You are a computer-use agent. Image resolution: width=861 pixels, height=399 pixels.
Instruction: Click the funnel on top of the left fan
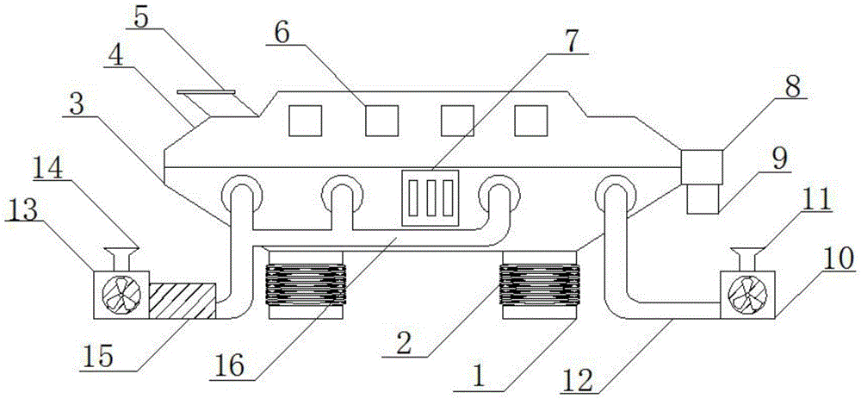coord(119,257)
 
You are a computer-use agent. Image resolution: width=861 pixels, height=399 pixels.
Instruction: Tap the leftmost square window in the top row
coord(306,120)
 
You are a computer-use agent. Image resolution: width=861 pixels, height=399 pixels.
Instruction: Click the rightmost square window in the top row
coord(531,120)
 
